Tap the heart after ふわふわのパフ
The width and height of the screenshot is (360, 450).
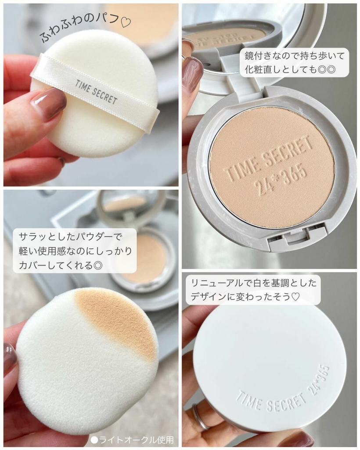125,22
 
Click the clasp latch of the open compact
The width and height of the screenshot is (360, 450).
297,239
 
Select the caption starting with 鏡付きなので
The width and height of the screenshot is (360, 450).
292,62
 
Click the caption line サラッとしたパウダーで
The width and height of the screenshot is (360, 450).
71,237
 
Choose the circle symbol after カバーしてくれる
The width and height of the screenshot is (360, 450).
98,265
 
